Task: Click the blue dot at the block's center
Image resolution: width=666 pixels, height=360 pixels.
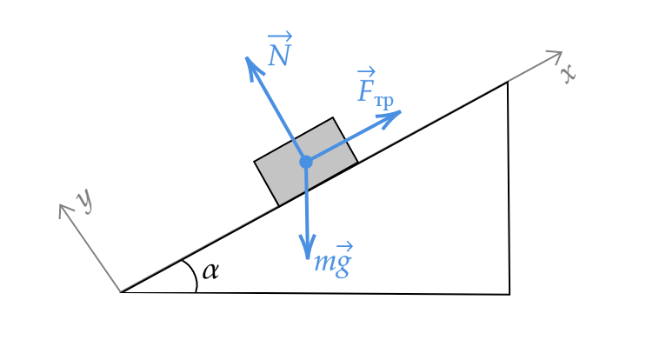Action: tap(306, 162)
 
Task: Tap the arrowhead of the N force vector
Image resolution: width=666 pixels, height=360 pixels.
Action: tap(250, 61)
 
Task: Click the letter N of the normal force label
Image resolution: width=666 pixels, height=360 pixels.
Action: tap(278, 57)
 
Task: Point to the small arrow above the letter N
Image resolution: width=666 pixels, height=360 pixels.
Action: tap(280, 37)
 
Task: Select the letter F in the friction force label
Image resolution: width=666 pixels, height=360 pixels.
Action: tap(366, 90)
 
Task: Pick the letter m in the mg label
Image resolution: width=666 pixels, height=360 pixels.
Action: tap(323, 264)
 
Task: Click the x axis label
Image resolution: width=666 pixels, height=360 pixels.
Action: tap(568, 73)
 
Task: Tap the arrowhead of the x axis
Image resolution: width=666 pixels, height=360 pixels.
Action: tap(558, 55)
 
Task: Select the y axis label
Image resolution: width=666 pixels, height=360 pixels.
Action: tap(83, 200)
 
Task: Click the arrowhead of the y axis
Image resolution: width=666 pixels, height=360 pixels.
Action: tap(63, 207)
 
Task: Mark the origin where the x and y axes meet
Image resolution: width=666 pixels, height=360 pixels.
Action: tap(120, 290)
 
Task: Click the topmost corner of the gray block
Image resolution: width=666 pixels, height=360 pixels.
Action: tap(332, 120)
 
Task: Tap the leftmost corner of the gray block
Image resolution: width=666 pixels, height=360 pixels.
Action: tap(256, 162)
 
